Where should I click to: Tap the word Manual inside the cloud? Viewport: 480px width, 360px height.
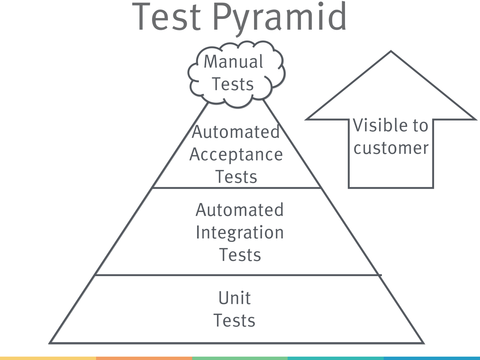pos(233,61)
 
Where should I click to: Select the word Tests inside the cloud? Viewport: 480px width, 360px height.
pos(233,84)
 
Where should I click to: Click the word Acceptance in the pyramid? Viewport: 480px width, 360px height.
pos(236,155)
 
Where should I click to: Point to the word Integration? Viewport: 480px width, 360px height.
pos(240,232)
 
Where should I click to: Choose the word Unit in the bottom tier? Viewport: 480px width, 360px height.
pos(234,298)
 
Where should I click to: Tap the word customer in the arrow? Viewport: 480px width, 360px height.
pos(391,148)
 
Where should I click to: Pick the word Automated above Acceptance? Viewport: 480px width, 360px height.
pos(236,132)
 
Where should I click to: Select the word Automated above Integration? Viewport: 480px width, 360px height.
pos(239,210)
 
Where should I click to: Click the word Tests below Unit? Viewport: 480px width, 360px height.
pos(234,320)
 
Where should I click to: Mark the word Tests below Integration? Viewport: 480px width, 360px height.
pos(240,255)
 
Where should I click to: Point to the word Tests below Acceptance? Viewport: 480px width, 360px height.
pos(236,177)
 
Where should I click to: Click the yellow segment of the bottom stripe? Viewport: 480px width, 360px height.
pos(48,358)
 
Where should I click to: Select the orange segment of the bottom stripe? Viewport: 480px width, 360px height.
pos(144,358)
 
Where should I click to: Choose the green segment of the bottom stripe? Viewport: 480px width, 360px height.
pos(240,358)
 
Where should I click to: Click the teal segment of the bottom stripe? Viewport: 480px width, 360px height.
pos(335,358)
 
